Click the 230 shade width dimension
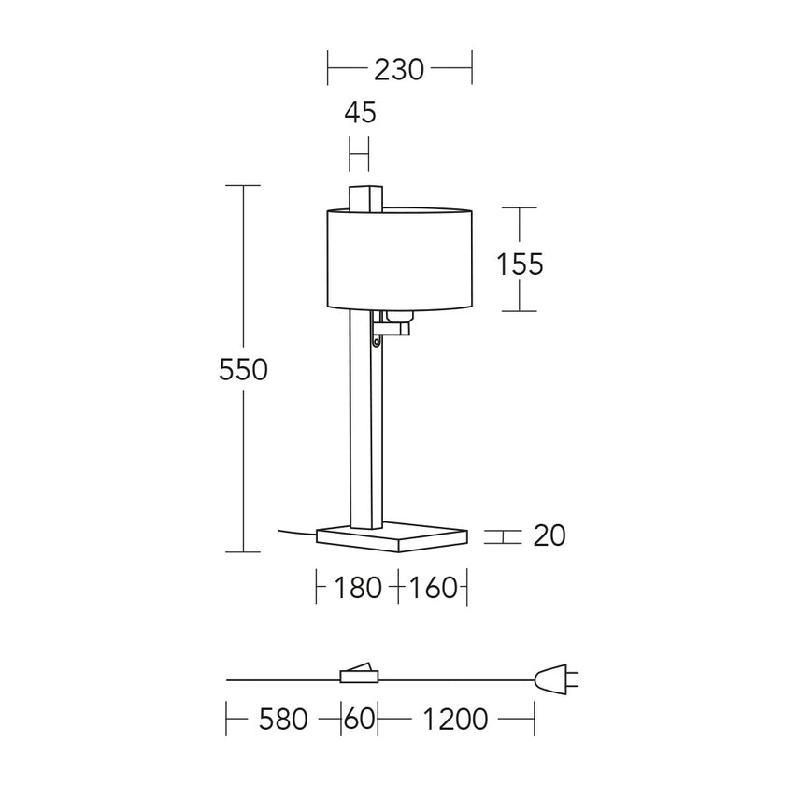[399, 69]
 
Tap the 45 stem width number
[360, 112]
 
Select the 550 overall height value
[243, 370]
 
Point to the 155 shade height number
[520, 264]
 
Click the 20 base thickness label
[549, 535]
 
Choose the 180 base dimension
[357, 587]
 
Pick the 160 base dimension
[434, 587]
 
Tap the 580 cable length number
[283, 720]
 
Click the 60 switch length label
[360, 720]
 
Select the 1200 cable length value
[455, 720]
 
